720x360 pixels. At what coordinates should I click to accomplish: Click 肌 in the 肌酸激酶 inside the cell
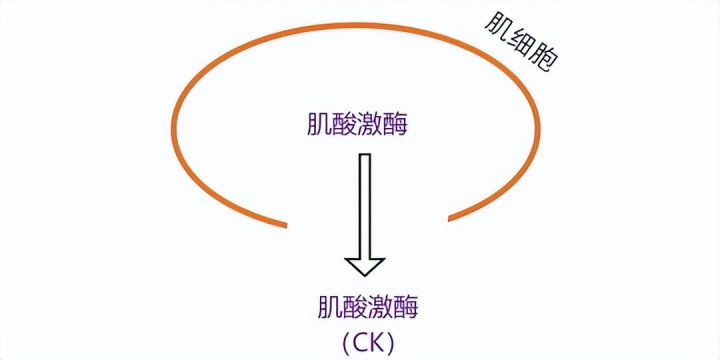pyautogui.click(x=319, y=124)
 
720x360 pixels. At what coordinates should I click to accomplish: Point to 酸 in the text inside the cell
pyautogui.click(x=344, y=124)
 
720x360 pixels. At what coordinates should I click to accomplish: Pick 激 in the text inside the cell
pyautogui.click(x=370, y=124)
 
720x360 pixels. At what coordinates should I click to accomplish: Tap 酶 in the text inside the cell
pyautogui.click(x=395, y=124)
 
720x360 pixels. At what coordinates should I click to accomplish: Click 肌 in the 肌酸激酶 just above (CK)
pyautogui.click(x=331, y=307)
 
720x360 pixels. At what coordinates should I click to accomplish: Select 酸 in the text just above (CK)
pyautogui.click(x=356, y=307)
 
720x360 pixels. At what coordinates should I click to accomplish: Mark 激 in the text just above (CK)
pyautogui.click(x=381, y=307)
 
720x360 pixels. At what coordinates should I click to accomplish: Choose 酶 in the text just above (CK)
pyautogui.click(x=406, y=307)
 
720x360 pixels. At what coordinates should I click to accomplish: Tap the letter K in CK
pyautogui.click(x=378, y=342)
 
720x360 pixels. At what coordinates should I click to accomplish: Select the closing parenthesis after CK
pyautogui.click(x=391, y=342)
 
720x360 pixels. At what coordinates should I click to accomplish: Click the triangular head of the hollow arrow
pyautogui.click(x=365, y=266)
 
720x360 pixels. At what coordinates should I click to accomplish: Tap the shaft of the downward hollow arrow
pyautogui.click(x=365, y=206)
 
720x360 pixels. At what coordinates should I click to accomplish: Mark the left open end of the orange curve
pyautogui.click(x=286, y=225)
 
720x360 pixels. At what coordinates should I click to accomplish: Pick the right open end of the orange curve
pyautogui.click(x=450, y=218)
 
